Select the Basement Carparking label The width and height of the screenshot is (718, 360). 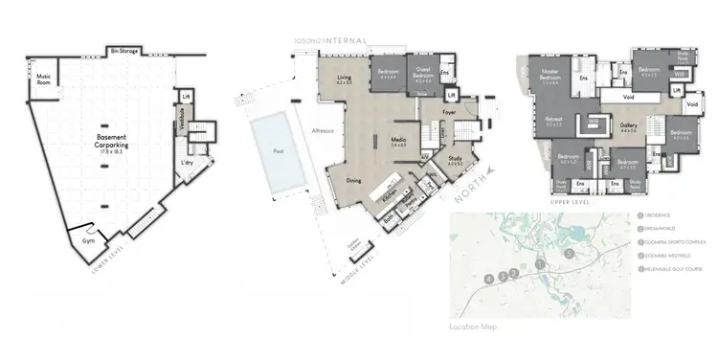click(x=113, y=140)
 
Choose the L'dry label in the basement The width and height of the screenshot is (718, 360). click(x=188, y=164)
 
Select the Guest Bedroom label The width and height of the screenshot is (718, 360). click(x=423, y=74)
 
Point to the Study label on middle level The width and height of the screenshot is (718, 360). click(x=454, y=160)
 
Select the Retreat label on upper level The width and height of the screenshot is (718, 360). click(x=553, y=121)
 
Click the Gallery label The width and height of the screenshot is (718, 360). click(x=628, y=126)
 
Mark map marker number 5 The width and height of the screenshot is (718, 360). click(x=569, y=253)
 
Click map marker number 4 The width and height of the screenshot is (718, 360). click(x=489, y=278)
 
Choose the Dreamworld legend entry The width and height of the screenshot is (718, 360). click(x=659, y=230)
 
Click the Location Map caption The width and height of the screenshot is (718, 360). click(x=473, y=326)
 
